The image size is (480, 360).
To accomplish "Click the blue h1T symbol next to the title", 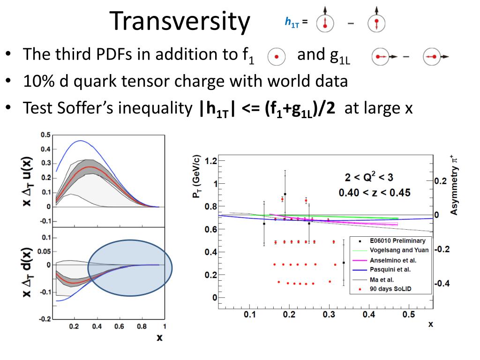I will click(292, 22).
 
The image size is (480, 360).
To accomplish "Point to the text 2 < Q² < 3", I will click(369, 177).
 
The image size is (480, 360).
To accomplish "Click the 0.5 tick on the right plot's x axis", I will click(409, 314).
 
